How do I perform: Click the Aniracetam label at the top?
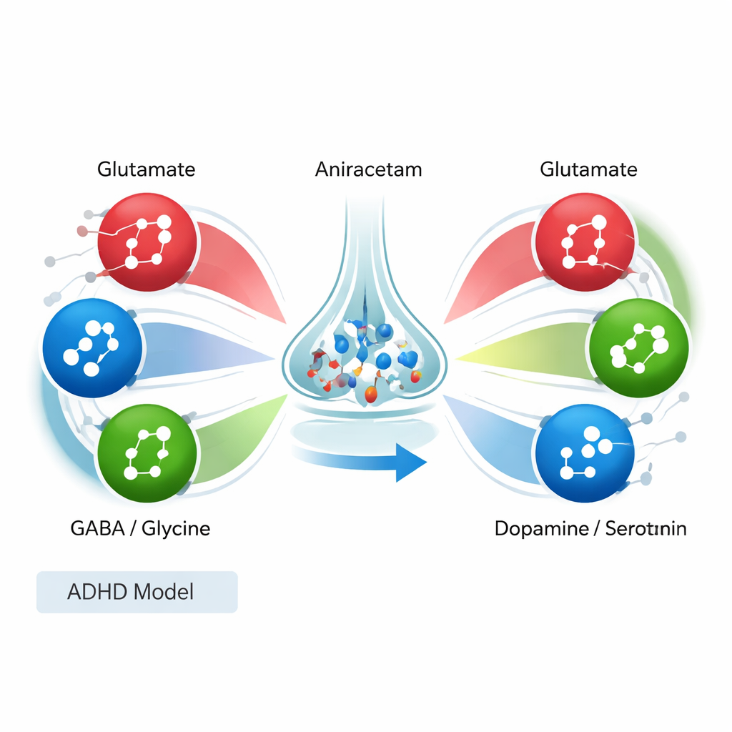(x=368, y=170)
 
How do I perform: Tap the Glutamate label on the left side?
(x=146, y=170)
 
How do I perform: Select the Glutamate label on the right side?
(x=588, y=170)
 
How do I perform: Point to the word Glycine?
(x=176, y=530)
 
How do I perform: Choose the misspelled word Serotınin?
(x=646, y=529)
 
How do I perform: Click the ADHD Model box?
(x=137, y=592)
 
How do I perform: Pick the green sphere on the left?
(x=147, y=451)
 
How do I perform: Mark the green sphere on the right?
(x=638, y=347)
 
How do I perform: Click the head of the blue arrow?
(x=411, y=462)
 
